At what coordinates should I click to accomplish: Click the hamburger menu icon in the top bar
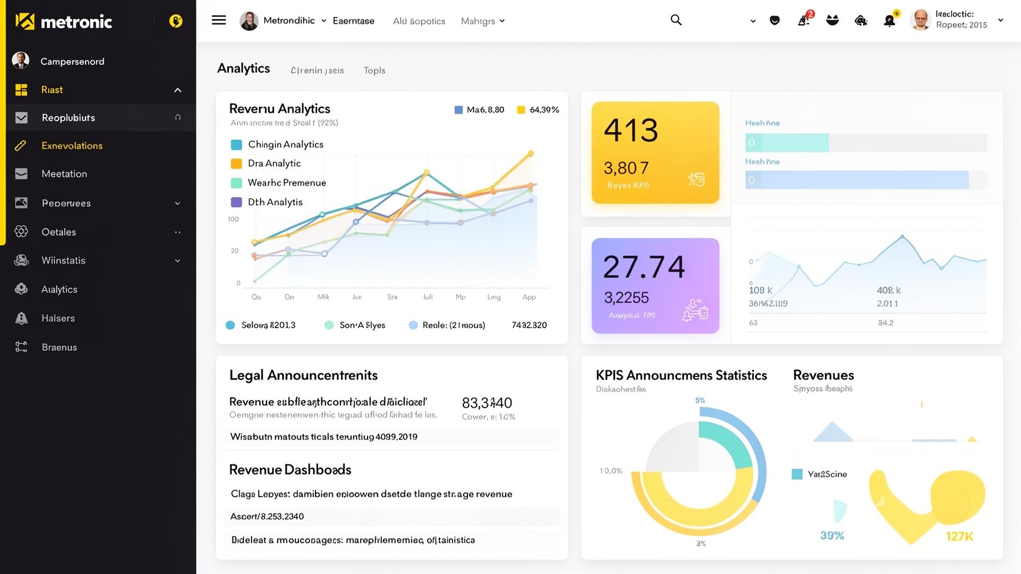[219, 20]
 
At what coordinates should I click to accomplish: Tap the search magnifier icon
[676, 20]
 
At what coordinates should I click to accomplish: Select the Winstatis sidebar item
[63, 260]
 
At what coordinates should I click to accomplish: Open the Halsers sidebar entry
[58, 318]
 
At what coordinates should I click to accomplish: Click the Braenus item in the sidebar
[59, 347]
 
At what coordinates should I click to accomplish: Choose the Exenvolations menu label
[72, 146]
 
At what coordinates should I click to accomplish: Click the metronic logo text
[76, 22]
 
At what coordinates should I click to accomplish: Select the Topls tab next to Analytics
[374, 70]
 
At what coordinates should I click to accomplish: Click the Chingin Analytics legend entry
[285, 145]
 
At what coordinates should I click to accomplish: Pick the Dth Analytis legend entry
[275, 202]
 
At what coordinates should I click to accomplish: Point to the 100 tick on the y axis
[233, 219]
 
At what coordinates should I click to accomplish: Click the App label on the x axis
[529, 297]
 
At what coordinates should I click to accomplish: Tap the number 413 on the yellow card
[631, 130]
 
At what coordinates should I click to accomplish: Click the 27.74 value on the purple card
[643, 267]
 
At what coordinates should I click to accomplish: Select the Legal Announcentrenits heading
[303, 375]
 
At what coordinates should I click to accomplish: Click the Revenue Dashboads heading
[290, 470]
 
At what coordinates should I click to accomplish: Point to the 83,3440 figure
[487, 403]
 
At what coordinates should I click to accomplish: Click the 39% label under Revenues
[832, 536]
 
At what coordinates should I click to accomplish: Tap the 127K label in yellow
[959, 537]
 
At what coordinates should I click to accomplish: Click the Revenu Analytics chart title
[279, 109]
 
